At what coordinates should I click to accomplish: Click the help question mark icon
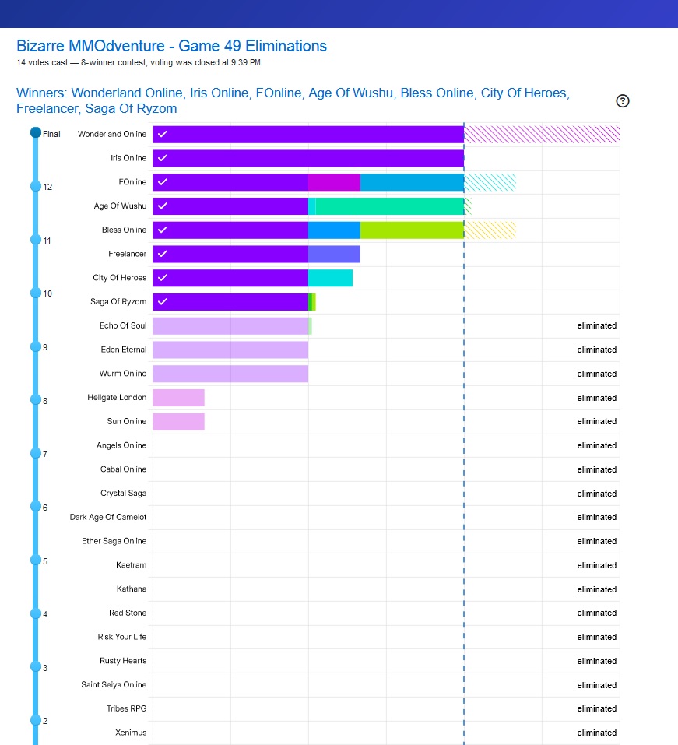click(x=622, y=100)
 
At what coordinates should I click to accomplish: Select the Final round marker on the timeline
click(x=35, y=133)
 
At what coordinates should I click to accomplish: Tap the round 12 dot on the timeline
click(x=35, y=186)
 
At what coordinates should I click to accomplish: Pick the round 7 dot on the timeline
click(x=35, y=453)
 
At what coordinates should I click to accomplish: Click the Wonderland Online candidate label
click(x=111, y=134)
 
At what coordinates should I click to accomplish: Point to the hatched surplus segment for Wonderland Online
click(x=541, y=134)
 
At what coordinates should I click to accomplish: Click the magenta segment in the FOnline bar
click(x=334, y=182)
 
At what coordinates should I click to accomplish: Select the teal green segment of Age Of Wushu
click(x=389, y=206)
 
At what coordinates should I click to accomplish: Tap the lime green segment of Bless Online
click(x=411, y=230)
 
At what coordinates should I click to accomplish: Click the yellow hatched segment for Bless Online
click(x=490, y=230)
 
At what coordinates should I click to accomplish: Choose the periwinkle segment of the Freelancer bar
click(x=334, y=254)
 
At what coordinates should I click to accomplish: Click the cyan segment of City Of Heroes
click(x=330, y=278)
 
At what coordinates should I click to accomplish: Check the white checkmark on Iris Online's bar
click(x=162, y=158)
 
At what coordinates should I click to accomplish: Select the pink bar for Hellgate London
click(x=178, y=398)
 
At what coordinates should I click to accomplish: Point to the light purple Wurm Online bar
click(x=230, y=374)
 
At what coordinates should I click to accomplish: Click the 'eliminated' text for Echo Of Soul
click(x=596, y=325)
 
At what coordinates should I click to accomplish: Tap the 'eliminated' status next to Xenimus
click(x=596, y=733)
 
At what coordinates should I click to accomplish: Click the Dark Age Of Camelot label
click(x=107, y=517)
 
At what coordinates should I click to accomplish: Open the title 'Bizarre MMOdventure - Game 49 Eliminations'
click(x=171, y=46)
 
